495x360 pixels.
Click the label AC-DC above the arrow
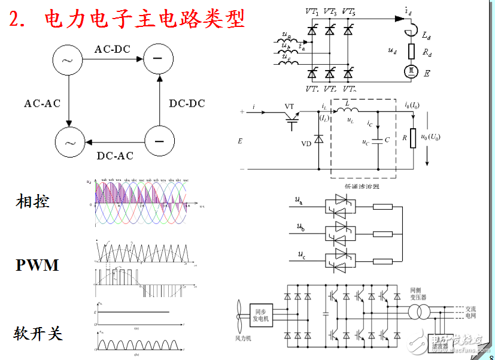(112, 49)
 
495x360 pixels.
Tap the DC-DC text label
(187, 104)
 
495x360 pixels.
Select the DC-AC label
(115, 156)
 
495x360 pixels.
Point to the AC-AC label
(42, 104)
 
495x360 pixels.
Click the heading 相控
(32, 201)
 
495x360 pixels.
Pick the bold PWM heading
(37, 264)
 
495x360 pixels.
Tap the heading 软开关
(39, 333)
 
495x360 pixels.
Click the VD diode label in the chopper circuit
(306, 144)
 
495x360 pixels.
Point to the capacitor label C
(387, 140)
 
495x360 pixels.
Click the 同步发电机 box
(260, 315)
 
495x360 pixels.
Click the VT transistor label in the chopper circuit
(290, 106)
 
